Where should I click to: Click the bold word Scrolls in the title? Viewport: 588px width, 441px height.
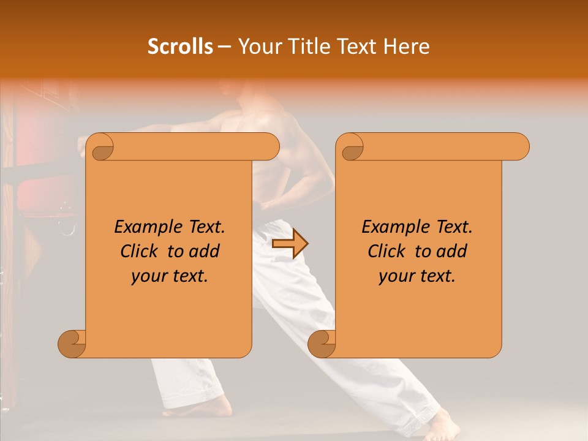pos(180,47)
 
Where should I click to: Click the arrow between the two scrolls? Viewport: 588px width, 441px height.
pos(290,244)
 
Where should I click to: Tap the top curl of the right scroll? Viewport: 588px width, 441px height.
pos(351,147)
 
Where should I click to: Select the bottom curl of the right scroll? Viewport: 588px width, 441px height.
pos(322,344)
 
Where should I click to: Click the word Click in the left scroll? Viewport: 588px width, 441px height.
pos(140,251)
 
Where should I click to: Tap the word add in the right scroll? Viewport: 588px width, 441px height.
pos(450,251)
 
